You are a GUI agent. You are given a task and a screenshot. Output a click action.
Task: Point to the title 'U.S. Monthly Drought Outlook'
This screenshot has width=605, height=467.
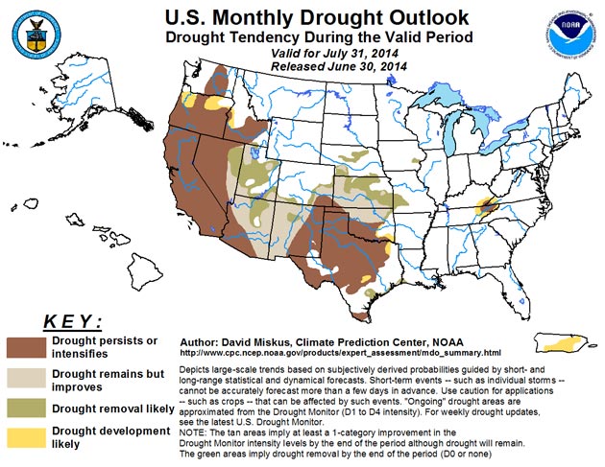pyautogui.click(x=304, y=17)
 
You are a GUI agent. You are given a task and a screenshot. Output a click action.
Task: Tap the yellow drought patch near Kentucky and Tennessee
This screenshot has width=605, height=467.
pyautogui.click(x=486, y=204)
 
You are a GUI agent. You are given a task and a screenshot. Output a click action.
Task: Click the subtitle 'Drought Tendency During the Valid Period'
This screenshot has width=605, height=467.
pyautogui.click(x=304, y=37)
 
